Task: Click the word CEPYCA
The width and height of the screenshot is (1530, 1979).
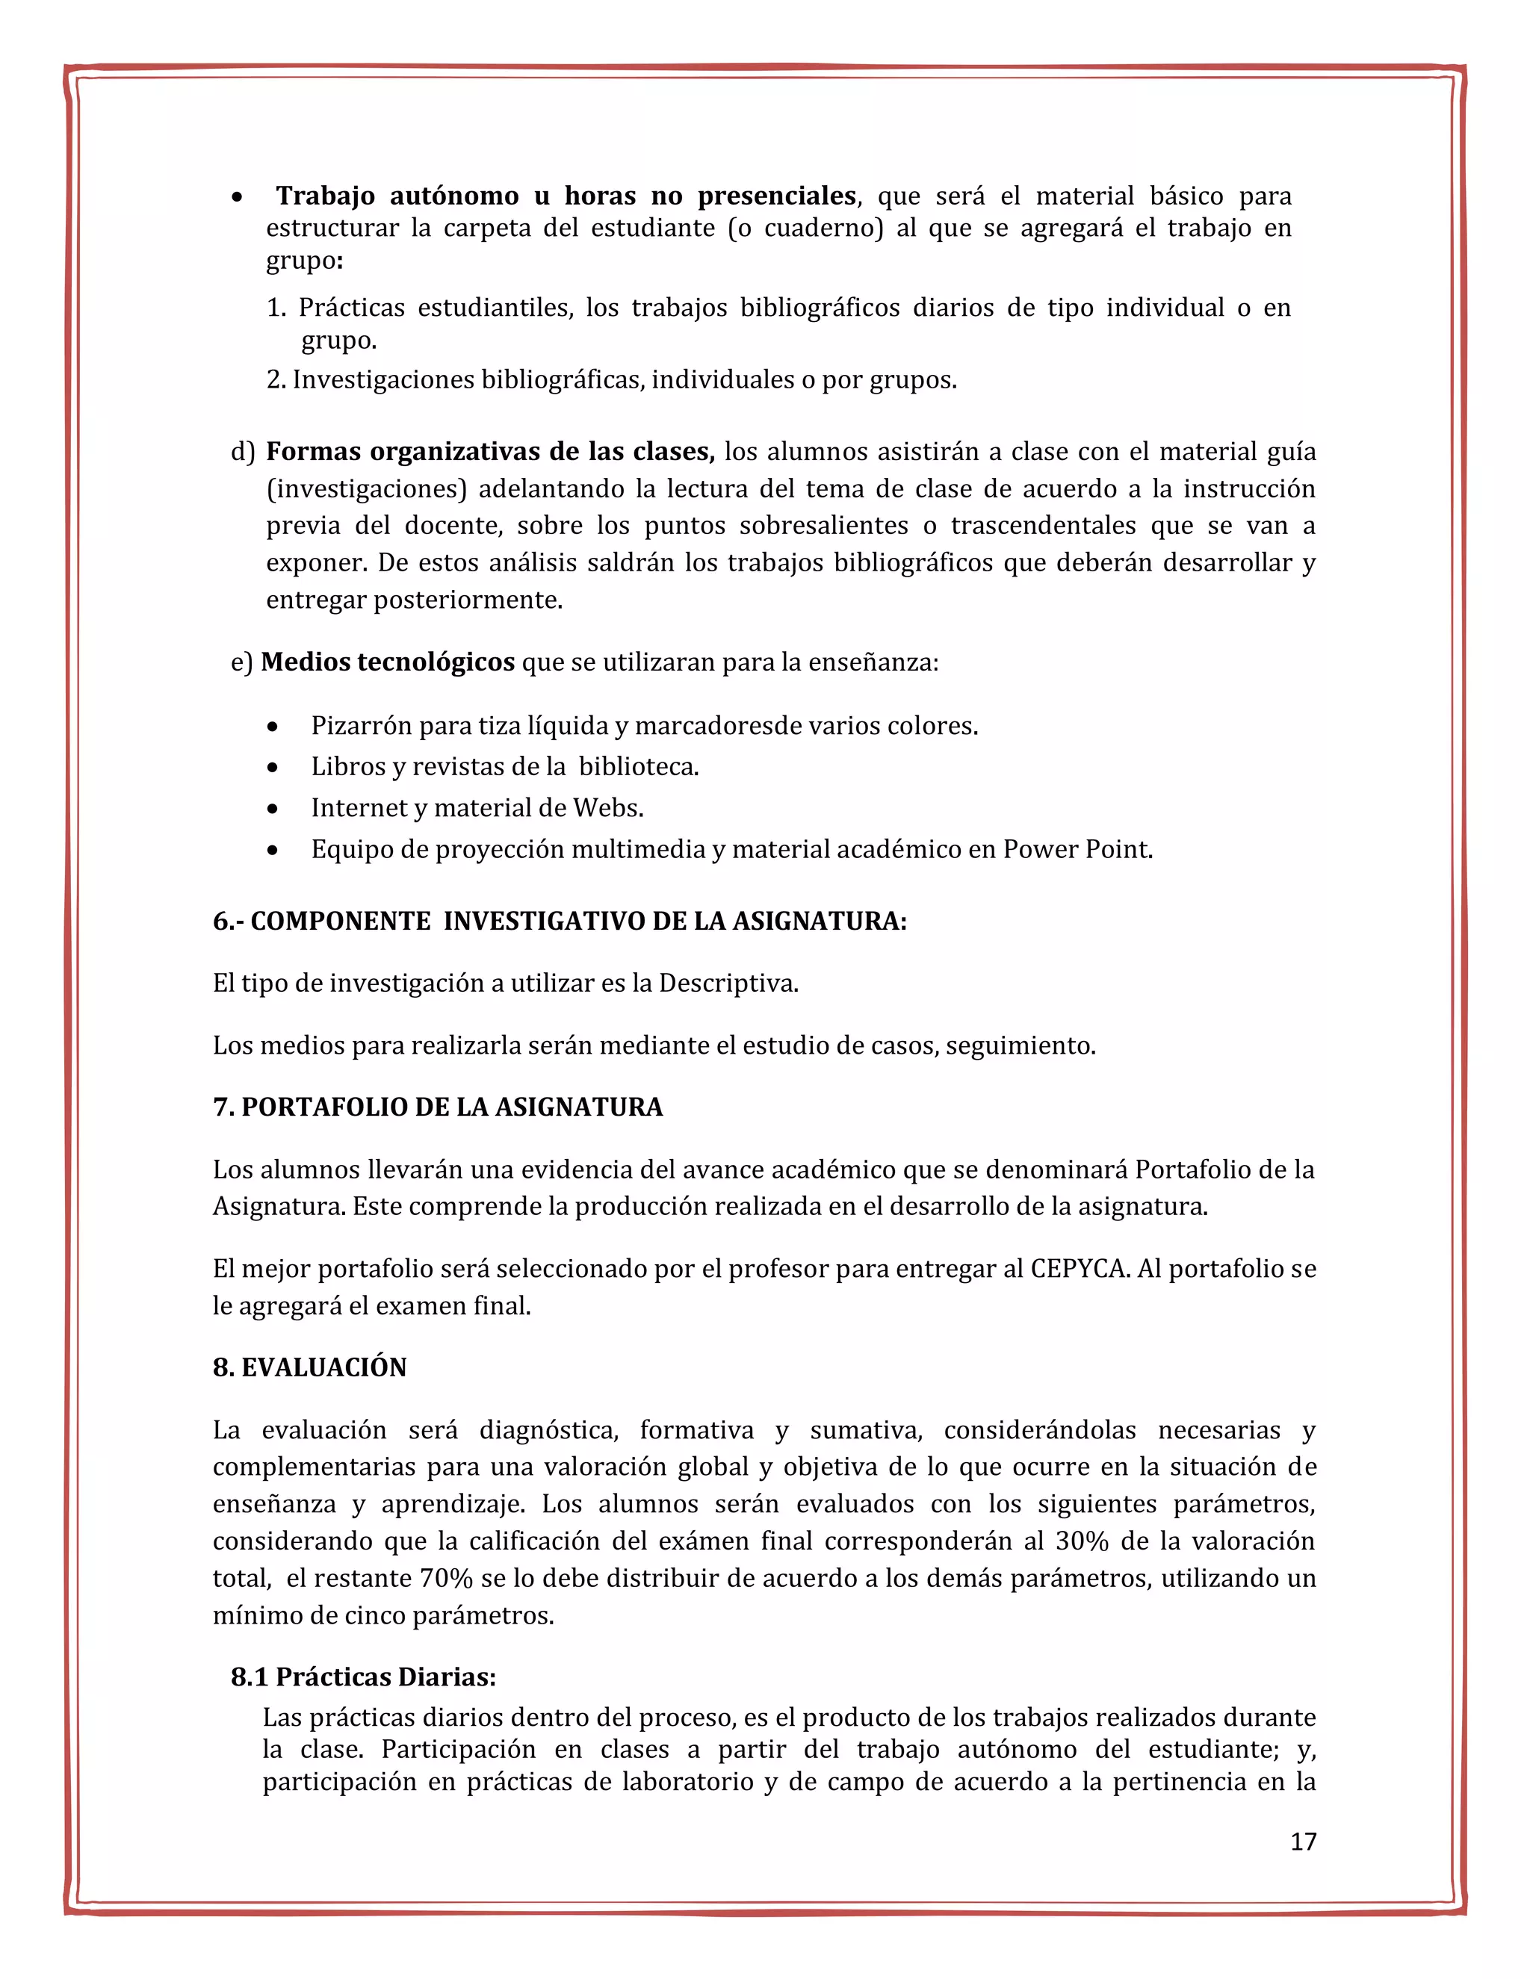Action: (1080, 1269)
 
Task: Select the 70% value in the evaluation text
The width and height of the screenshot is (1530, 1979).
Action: (446, 1579)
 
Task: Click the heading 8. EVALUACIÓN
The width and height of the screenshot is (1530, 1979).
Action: (310, 1367)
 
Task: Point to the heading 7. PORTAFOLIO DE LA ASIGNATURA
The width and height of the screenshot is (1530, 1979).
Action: (438, 1107)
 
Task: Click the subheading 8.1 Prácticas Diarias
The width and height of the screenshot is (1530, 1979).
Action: (364, 1677)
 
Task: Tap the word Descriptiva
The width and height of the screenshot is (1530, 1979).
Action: (728, 984)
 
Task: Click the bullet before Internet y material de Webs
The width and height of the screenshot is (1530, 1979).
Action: (273, 808)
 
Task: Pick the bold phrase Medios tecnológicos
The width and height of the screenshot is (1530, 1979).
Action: (388, 662)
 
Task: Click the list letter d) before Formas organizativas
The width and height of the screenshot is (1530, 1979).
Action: (243, 451)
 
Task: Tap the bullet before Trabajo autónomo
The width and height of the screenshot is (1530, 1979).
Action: (237, 196)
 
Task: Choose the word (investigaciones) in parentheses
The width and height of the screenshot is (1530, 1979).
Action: (366, 489)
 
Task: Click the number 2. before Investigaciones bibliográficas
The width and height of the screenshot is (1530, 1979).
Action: (276, 379)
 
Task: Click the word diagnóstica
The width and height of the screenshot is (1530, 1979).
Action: (548, 1430)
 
